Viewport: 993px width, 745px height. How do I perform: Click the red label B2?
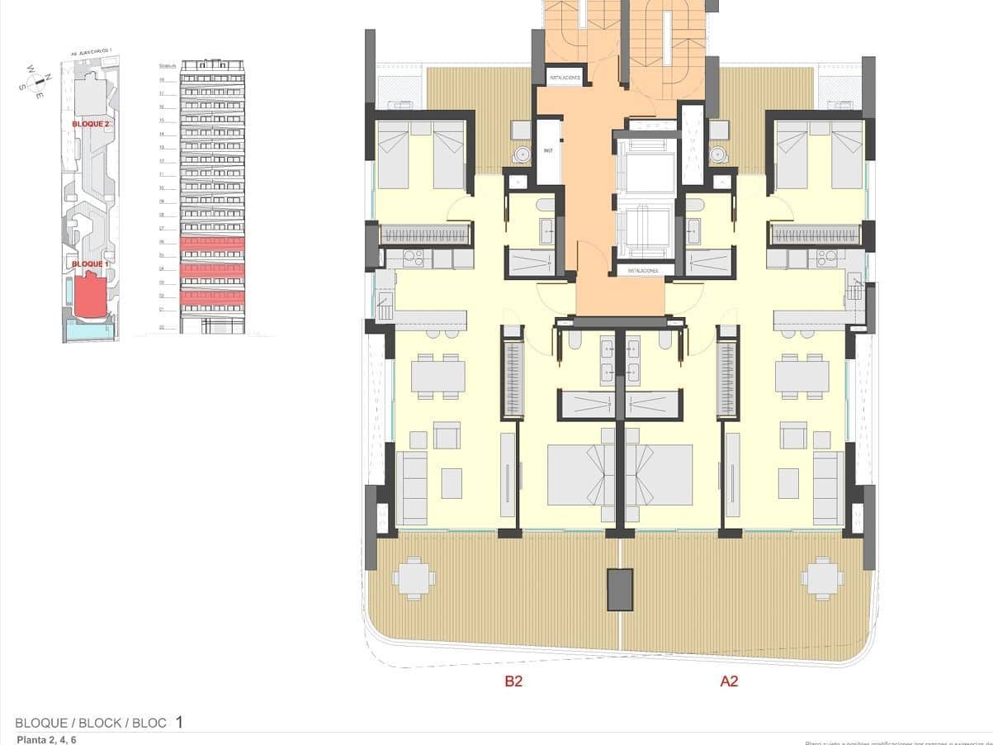[x=513, y=681]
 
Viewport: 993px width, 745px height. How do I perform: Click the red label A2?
[x=729, y=681]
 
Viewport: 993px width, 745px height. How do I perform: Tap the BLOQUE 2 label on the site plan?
[x=91, y=123]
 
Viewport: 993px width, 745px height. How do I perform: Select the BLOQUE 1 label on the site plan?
[x=90, y=263]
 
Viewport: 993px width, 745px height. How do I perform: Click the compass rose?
[x=36, y=82]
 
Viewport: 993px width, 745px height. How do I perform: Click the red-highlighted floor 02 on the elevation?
[x=212, y=296]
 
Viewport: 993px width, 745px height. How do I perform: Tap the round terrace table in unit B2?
[x=414, y=578]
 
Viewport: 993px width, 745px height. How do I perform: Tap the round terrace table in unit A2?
[x=822, y=578]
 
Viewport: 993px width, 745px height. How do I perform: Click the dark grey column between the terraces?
[x=620, y=589]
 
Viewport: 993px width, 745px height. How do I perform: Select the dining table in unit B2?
[x=437, y=377]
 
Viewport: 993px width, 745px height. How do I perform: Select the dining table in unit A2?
[x=801, y=377]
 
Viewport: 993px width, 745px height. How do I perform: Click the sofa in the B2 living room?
[x=410, y=488]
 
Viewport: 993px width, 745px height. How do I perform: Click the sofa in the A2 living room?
[x=829, y=488]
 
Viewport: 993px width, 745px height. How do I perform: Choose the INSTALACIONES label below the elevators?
[x=642, y=270]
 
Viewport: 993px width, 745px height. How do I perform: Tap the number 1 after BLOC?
[x=179, y=723]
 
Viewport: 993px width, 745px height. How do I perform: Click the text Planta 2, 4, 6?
[x=47, y=740]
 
